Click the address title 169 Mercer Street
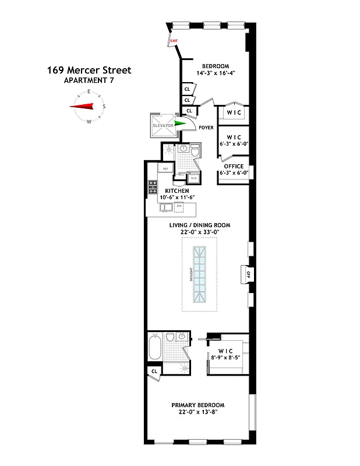[89, 70]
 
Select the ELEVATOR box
[163, 125]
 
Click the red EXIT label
[174, 40]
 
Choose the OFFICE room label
[233, 166]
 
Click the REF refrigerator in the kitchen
[165, 169]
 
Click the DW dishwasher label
[188, 206]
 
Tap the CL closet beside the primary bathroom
[154, 371]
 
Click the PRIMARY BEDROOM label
[197, 405]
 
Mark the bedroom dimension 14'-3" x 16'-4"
[215, 73]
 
